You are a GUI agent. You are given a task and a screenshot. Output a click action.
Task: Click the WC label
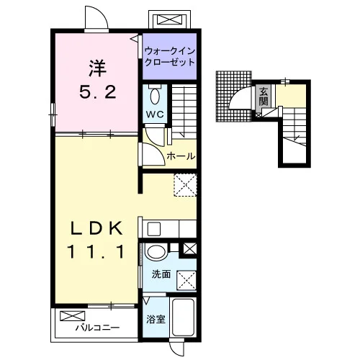tap(155, 114)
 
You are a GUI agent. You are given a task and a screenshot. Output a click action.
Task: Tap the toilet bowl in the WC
tap(155, 96)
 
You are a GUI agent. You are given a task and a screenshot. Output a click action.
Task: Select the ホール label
tap(181, 156)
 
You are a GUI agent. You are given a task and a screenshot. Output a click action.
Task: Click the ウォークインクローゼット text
tap(170, 57)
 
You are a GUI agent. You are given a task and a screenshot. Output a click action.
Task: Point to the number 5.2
tap(98, 92)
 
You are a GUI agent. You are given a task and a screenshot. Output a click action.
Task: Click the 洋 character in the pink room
tap(98, 68)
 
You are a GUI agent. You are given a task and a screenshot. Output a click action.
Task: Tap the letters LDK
tap(96, 228)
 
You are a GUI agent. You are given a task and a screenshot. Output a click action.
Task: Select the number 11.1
tap(96, 251)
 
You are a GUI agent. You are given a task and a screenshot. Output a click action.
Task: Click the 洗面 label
tap(161, 274)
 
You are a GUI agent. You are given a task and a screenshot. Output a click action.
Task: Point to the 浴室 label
tap(156, 319)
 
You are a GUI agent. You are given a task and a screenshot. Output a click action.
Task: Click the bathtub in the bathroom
tap(183, 317)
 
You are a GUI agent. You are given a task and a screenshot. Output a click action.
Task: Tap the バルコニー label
tap(97, 328)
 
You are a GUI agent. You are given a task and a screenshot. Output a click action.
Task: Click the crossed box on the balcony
tap(73, 316)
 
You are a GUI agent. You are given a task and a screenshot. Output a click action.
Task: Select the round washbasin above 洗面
tap(156, 252)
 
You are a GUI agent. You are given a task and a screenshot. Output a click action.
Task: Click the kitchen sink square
tap(154, 229)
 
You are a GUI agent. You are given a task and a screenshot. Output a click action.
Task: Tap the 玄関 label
tap(264, 96)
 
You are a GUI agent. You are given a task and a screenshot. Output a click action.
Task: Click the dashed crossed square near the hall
tap(185, 185)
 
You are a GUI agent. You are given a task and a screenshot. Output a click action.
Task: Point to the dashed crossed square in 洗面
tap(186, 281)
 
